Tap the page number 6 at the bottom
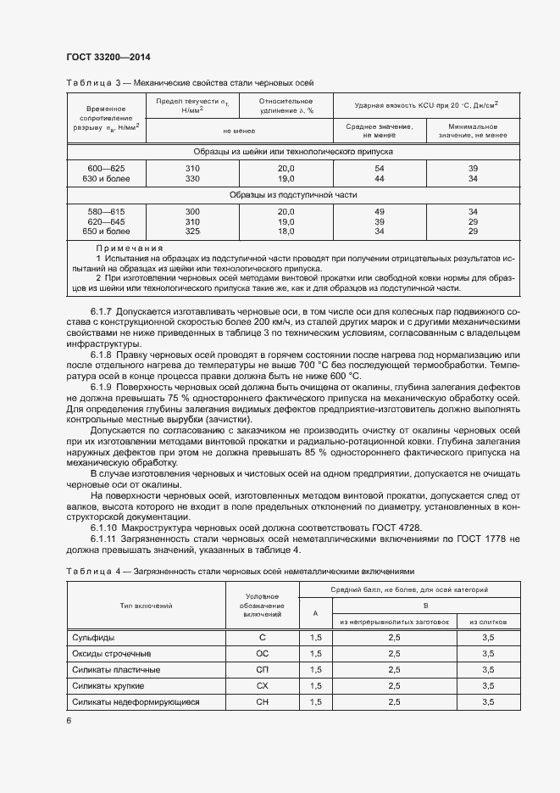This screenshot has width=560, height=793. click(x=68, y=721)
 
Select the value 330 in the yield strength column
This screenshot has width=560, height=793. click(x=192, y=179)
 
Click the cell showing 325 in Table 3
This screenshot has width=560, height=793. click(x=192, y=231)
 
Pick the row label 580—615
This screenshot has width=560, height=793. click(x=106, y=211)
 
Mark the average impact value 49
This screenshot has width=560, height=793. click(x=379, y=211)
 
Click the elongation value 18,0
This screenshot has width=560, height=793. click(x=286, y=231)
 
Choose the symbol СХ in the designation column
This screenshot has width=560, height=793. click(x=262, y=686)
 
